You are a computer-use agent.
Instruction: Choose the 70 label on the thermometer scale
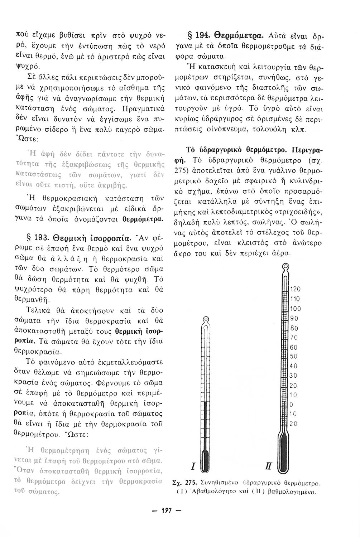click(x=293, y=337)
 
